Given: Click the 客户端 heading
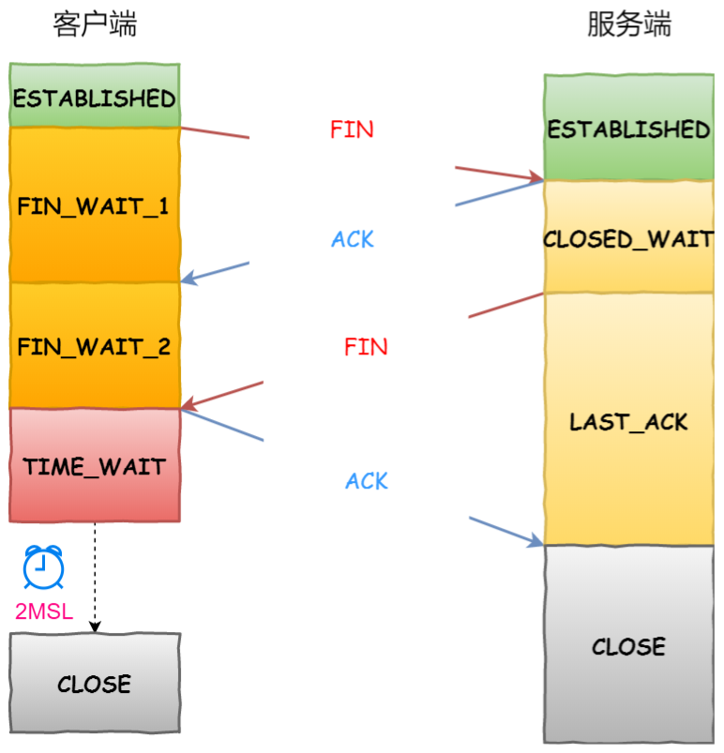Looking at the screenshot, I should (95, 24).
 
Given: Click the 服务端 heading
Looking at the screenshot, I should (629, 24).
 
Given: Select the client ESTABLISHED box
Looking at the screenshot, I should (95, 98).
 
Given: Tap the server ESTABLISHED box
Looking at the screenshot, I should (629, 128).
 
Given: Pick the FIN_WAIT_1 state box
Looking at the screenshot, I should (95, 205).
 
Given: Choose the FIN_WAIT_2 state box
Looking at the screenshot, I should (95, 346).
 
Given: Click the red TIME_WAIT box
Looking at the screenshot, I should (95, 465).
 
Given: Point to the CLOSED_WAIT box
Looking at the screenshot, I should (629, 238).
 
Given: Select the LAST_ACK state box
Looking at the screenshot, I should (629, 421).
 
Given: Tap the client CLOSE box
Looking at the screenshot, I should (95, 684).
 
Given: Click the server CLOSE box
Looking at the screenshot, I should (629, 646).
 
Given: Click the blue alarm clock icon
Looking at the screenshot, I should (43, 566).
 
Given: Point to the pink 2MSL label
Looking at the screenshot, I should (43, 612).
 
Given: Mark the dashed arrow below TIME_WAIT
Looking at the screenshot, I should (95, 577).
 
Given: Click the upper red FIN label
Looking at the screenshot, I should (352, 129).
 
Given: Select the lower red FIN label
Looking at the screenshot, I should (366, 347).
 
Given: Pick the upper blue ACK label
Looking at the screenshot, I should (353, 240).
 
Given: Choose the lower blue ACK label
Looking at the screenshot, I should (367, 482).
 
